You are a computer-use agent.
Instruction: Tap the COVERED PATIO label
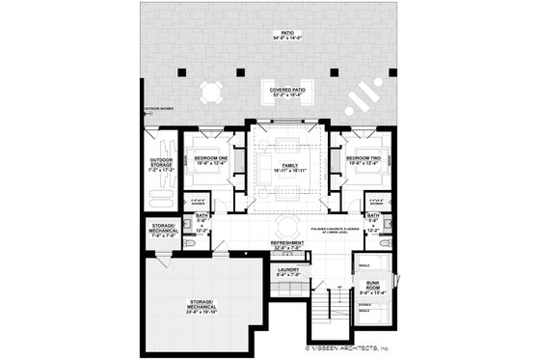[287, 94]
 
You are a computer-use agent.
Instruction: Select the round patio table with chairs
[211, 93]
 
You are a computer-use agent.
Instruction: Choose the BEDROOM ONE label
[210, 159]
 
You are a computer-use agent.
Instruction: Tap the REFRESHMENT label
[287, 245]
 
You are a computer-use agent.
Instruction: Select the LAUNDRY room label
[288, 272]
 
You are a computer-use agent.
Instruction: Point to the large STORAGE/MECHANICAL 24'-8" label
[202, 308]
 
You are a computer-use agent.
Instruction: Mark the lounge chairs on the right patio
[361, 97]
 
